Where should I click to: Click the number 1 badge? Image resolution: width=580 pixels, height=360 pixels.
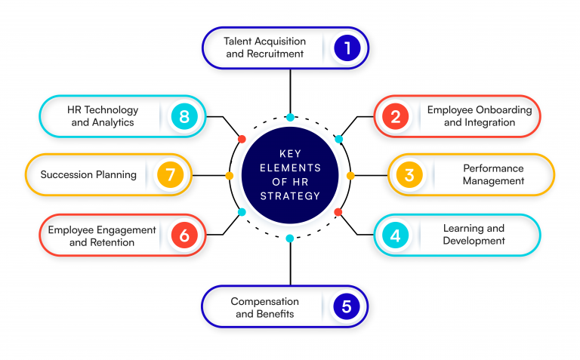(347, 48)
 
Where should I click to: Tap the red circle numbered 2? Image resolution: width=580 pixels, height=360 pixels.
(394, 116)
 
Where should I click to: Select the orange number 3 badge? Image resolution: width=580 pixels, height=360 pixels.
(409, 175)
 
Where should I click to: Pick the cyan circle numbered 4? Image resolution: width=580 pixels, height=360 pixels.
(394, 235)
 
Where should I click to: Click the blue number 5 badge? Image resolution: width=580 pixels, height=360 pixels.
(346, 306)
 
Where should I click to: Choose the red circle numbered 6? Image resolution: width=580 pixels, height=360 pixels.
(184, 235)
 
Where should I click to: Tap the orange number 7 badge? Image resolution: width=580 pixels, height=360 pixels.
(171, 175)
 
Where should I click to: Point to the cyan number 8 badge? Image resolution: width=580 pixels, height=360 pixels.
(184, 116)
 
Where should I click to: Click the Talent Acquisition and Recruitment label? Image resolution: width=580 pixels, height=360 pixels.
(264, 48)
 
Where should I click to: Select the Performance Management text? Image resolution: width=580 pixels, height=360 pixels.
(494, 175)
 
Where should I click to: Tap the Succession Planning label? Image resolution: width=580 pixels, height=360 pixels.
(88, 174)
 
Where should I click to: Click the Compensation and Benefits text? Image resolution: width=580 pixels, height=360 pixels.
(264, 306)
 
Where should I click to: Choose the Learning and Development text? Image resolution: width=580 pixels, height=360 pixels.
(474, 234)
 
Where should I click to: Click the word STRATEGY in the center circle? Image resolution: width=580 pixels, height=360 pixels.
(290, 196)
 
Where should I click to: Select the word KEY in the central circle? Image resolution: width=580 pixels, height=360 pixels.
(290, 154)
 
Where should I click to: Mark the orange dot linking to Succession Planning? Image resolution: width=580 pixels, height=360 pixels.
(230, 175)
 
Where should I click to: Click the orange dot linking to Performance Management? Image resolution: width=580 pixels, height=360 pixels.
(350, 175)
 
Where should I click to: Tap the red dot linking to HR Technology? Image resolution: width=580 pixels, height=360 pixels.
(242, 139)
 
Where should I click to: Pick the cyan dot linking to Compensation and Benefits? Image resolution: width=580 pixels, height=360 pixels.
(290, 238)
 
